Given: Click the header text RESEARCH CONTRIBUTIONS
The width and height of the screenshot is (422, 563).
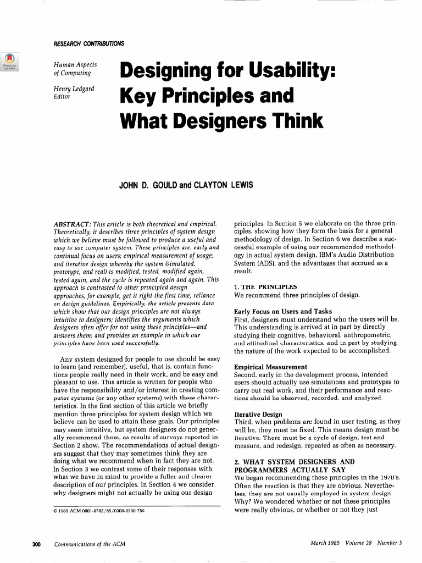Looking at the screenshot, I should point(88,43).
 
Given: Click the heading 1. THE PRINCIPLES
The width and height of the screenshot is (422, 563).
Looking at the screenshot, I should point(265,287).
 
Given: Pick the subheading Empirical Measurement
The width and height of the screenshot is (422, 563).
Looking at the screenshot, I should point(270,367).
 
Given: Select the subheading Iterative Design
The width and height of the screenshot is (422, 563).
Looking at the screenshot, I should point(258,414).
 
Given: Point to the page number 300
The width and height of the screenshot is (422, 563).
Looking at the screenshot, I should point(37,544).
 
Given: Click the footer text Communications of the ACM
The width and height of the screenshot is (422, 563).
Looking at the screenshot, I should point(90,544).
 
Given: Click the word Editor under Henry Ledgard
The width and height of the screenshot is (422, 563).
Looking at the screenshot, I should point(62,96).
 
